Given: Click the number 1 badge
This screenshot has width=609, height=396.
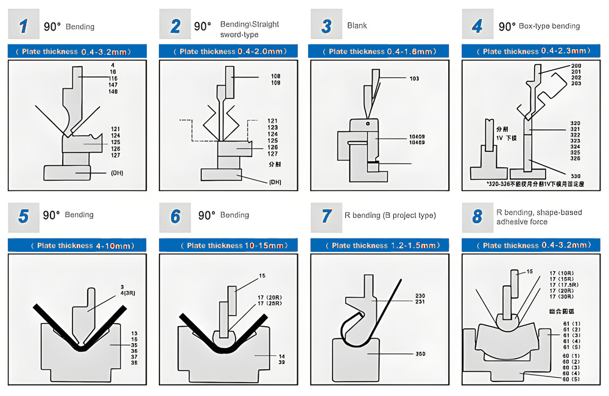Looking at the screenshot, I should pyautogui.click(x=23, y=26).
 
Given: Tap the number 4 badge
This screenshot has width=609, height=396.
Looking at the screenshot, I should pyautogui.click(x=477, y=26).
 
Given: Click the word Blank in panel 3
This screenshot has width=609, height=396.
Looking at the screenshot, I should pyautogui.click(x=357, y=26).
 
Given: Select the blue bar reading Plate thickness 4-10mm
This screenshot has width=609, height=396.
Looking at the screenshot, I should pyautogui.click(x=78, y=246).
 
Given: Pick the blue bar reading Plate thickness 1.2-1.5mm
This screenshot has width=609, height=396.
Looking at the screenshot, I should pyautogui.click(x=379, y=246).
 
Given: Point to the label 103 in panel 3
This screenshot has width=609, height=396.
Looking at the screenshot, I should pyautogui.click(x=415, y=78).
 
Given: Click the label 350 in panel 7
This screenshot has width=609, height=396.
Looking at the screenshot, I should pyautogui.click(x=421, y=353).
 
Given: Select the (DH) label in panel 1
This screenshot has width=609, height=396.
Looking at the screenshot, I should pyautogui.click(x=117, y=173).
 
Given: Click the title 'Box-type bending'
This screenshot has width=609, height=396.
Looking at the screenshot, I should pyautogui.click(x=549, y=26).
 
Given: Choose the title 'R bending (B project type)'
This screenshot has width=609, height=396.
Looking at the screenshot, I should pyautogui.click(x=390, y=215).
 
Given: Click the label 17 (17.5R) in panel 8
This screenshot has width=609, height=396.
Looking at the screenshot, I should pyautogui.click(x=563, y=285).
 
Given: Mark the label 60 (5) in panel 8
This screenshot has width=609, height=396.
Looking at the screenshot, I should pyautogui.click(x=571, y=380).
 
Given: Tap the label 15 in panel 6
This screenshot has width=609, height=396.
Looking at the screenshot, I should pyautogui.click(x=262, y=276).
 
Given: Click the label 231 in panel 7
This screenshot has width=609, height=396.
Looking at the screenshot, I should pyautogui.click(x=420, y=302).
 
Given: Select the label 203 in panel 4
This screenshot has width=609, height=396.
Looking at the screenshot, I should pyautogui.click(x=576, y=84).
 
